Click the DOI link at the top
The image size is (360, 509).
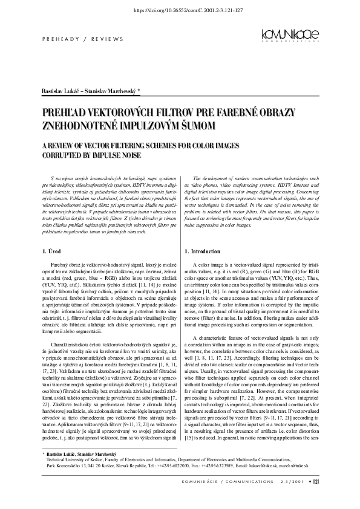pyautogui.click(x=180, y=11)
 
